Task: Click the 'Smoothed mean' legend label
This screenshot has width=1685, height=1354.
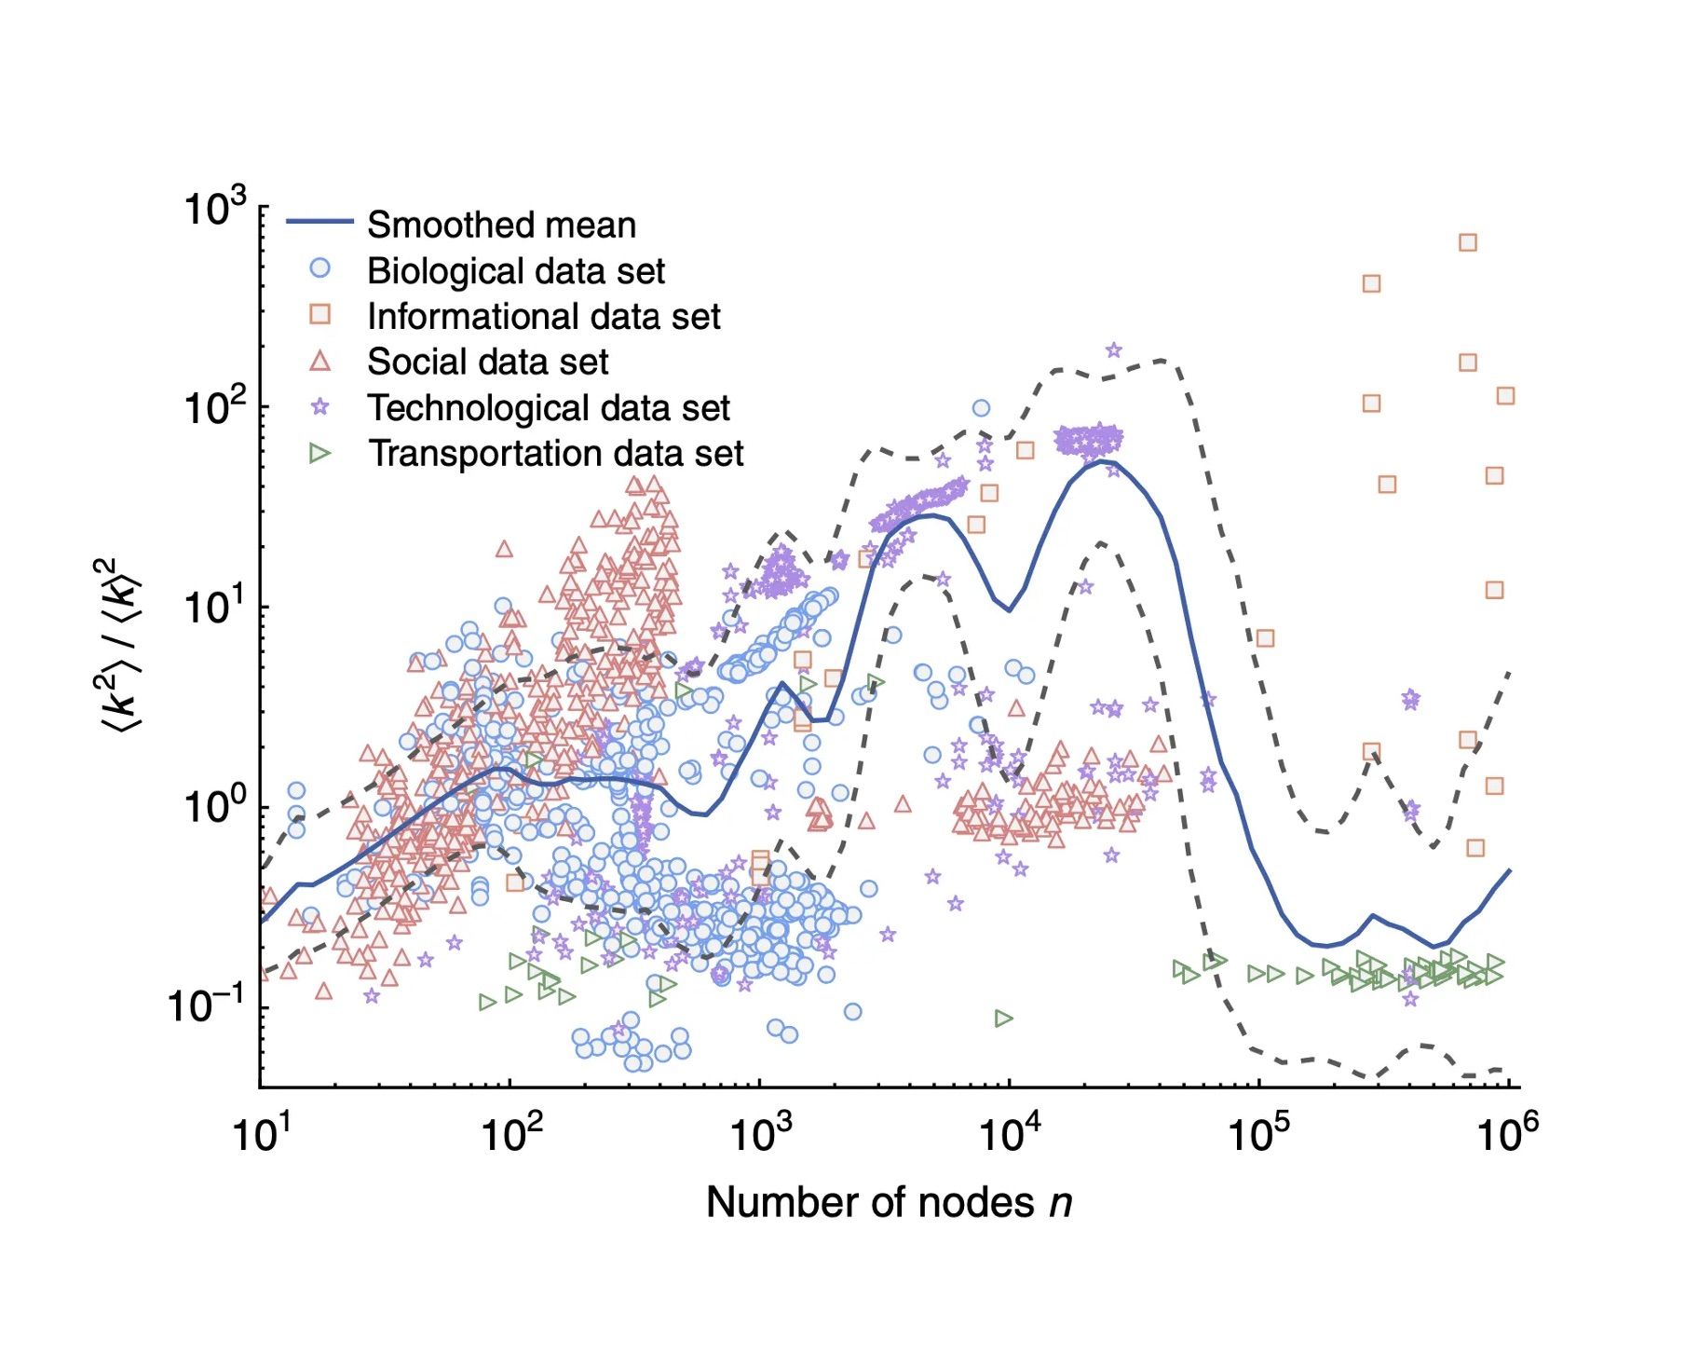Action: click(x=501, y=226)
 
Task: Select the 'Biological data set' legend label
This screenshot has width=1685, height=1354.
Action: click(x=515, y=271)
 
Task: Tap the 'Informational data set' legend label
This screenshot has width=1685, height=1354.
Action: click(x=543, y=317)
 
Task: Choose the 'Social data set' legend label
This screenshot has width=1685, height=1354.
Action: click(x=487, y=362)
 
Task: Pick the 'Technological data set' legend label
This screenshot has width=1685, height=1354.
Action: click(x=548, y=408)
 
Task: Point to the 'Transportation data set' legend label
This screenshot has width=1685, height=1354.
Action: click(x=555, y=454)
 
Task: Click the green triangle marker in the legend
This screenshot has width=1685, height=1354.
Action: click(x=319, y=454)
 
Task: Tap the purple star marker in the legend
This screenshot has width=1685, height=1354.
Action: click(x=319, y=407)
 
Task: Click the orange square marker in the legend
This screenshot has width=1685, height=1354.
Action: click(x=319, y=314)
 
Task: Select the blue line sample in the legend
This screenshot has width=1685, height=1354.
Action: click(x=319, y=222)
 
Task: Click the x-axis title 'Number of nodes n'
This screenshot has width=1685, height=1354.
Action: click(x=889, y=1202)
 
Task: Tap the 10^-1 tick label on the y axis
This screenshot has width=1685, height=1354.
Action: click(x=207, y=1005)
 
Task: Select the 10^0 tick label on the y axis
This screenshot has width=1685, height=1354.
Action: click(x=215, y=806)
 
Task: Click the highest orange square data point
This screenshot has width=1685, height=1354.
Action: click(x=1467, y=242)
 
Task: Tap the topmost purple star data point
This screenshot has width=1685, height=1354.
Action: click(x=1113, y=350)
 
